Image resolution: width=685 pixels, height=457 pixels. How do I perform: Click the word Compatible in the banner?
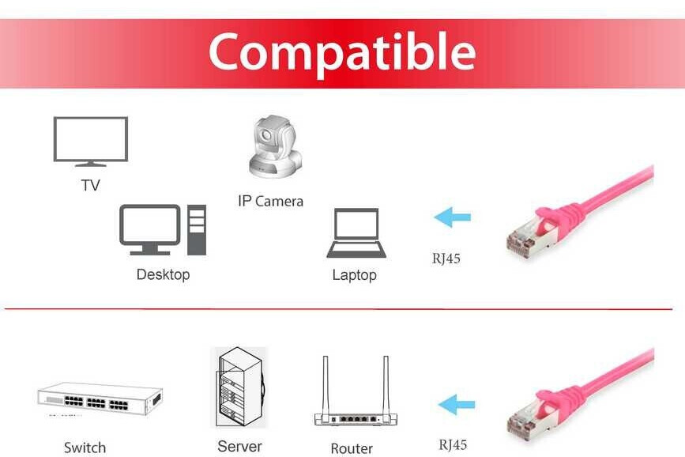coord(341,52)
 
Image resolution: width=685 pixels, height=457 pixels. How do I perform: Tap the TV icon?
coord(90,141)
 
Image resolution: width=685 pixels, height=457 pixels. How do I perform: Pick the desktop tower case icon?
coord(196,229)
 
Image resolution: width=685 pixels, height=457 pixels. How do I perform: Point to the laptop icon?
coord(356,233)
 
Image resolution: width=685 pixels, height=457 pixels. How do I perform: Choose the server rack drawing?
coord(240,387)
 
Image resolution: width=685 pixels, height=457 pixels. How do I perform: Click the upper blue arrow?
coord(453,216)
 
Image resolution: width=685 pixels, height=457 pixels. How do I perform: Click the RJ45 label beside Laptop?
coord(445,258)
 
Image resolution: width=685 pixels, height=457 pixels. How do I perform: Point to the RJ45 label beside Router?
coord(453,444)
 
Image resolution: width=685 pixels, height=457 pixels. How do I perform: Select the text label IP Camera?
coord(270,202)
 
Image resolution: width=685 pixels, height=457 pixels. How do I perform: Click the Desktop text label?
coord(163,274)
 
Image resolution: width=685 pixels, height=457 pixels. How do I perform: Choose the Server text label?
coord(239,447)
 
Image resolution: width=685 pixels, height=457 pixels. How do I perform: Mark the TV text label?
coord(90,186)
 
